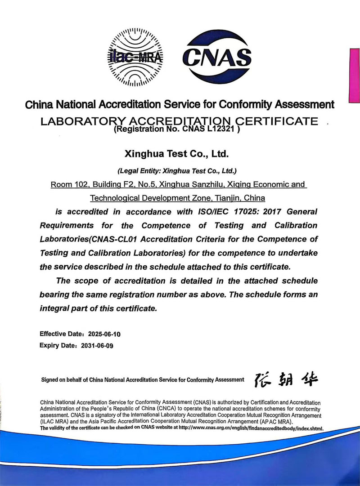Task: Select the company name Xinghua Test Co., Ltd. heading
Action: click(177, 154)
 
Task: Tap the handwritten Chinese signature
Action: click(286, 380)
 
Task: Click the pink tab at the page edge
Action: click(355, 76)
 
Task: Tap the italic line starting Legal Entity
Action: click(177, 171)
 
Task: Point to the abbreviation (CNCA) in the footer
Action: click(172, 409)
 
